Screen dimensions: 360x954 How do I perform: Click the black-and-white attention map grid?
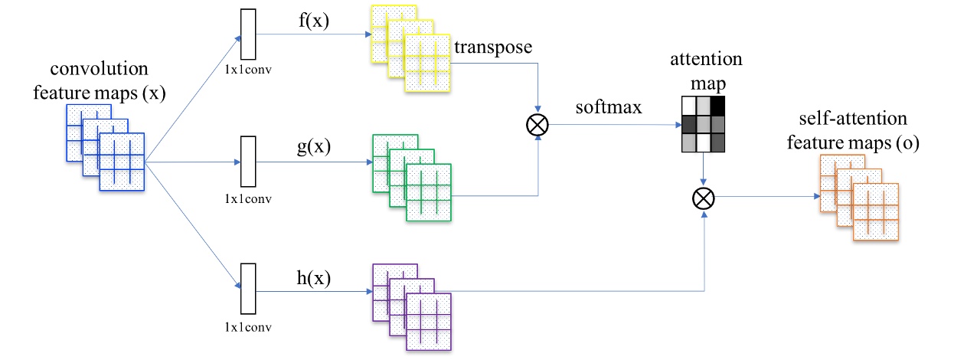[701, 124]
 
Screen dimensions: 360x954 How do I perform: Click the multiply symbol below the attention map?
[702, 199]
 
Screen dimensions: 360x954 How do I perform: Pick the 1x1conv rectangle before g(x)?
[247, 162]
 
